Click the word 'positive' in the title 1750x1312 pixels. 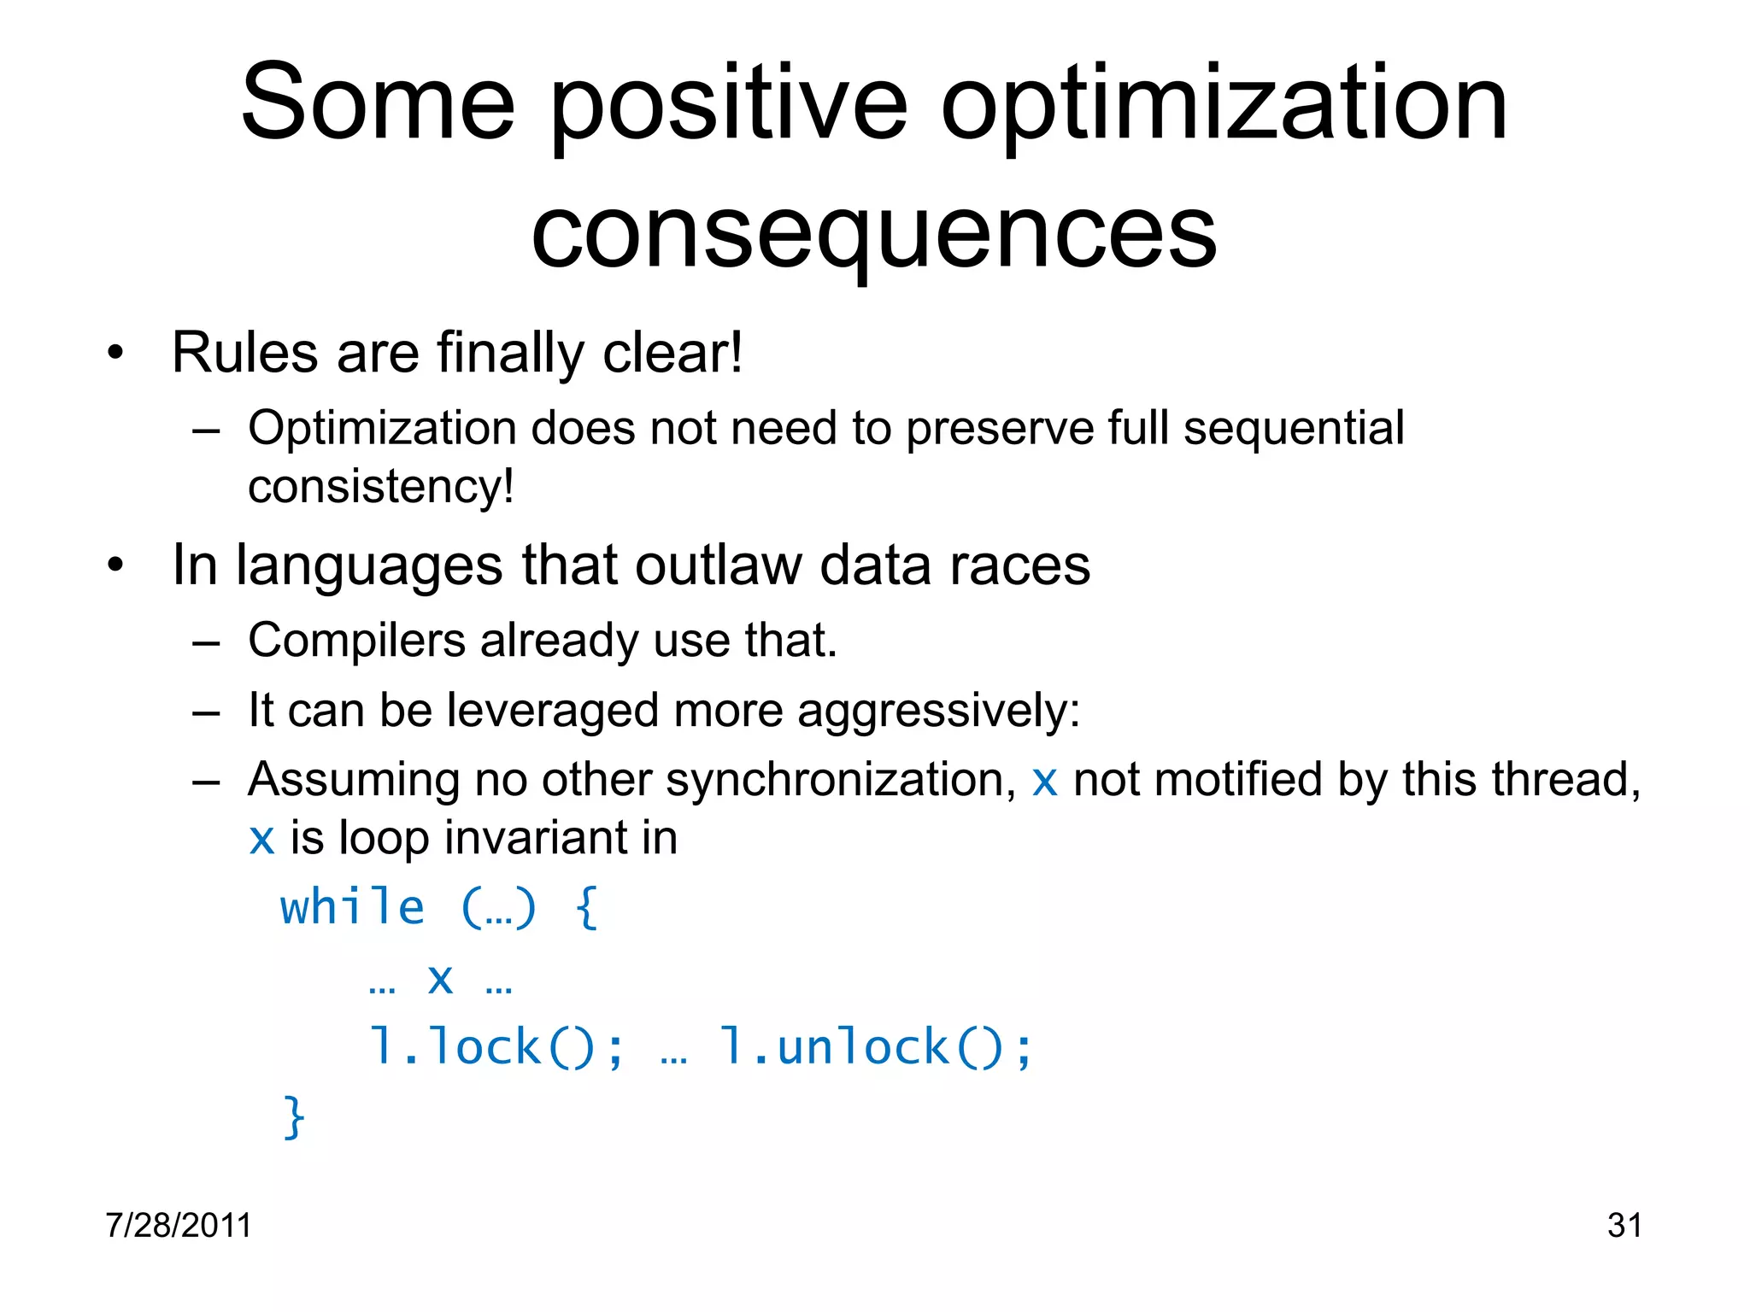(728, 107)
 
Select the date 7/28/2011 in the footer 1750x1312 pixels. (179, 1225)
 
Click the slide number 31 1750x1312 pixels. (1624, 1225)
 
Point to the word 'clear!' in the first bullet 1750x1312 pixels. (672, 353)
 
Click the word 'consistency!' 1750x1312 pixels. (381, 487)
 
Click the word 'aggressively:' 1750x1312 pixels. (938, 711)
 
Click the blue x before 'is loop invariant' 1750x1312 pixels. (261, 839)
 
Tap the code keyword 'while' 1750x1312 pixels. (352, 907)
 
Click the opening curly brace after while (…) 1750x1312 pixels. (587, 907)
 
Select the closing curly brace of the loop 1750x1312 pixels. (293, 1117)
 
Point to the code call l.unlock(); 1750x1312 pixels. (877, 1047)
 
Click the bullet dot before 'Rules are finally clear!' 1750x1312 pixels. (115, 353)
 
